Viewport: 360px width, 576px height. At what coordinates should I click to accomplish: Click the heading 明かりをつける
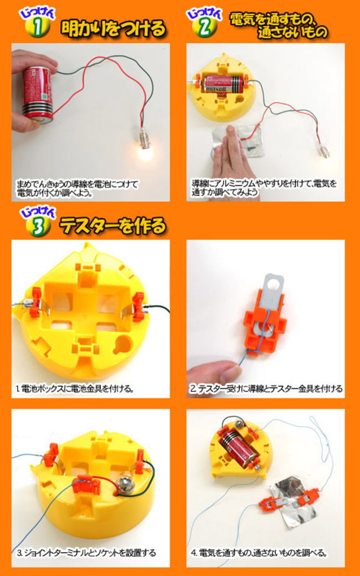tap(113, 28)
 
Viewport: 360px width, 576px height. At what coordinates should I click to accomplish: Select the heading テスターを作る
tap(113, 225)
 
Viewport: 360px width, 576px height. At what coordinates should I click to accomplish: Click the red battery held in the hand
tap(38, 94)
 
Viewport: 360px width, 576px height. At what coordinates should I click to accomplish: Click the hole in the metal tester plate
tap(272, 282)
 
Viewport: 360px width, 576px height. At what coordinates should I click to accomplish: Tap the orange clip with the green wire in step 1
tap(138, 307)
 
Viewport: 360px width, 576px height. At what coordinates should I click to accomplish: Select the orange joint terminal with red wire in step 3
tap(86, 485)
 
